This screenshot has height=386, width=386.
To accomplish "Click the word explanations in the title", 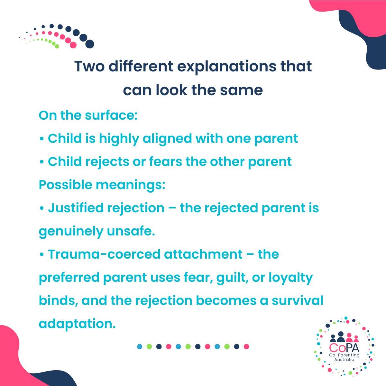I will [221, 67].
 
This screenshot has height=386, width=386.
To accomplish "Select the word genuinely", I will [66, 232].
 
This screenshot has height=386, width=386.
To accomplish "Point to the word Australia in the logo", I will [345, 359].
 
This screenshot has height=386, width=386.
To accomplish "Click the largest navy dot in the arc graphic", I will [90, 44].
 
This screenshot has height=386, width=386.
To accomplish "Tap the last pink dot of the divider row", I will [246, 346].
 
